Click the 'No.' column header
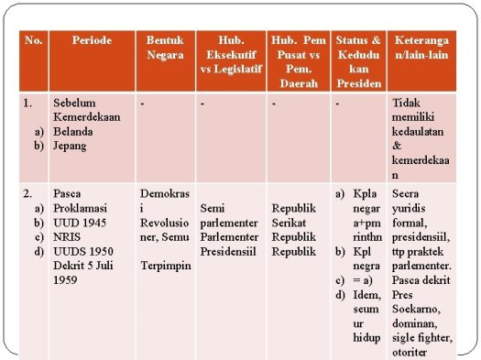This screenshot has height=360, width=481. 34,40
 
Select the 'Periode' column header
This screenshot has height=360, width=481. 93,40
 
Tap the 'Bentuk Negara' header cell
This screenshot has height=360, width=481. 164,48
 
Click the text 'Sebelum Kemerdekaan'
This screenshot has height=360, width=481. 82,110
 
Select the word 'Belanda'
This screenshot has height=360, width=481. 74,131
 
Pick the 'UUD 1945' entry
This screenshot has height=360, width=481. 80,223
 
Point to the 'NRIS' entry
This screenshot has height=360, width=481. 67,236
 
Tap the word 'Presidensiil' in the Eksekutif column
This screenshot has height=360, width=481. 231,251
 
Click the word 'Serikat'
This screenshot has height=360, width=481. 289,223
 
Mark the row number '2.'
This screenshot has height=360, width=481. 29,194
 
